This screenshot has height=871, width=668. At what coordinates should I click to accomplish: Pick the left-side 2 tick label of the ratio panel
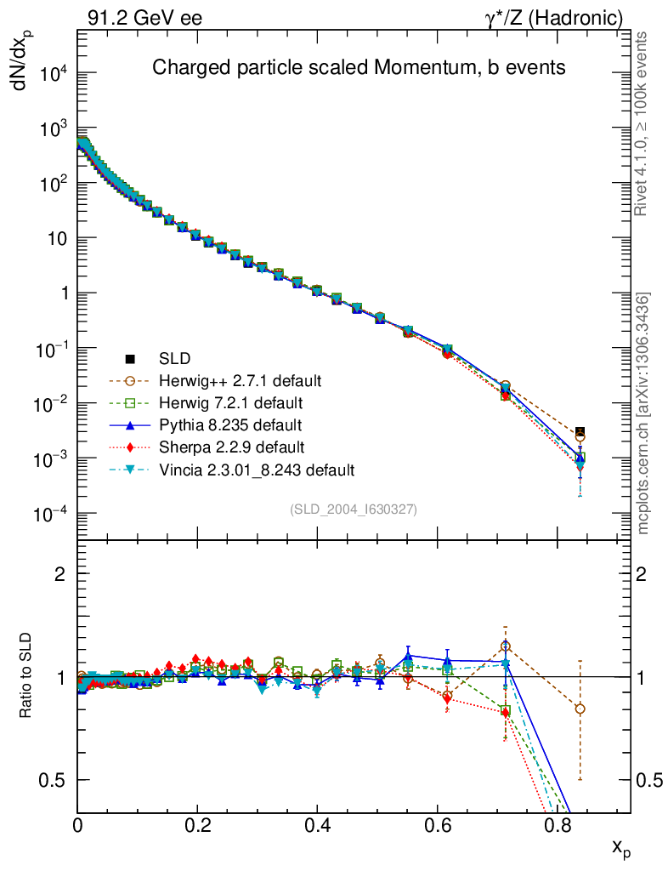(x=60, y=574)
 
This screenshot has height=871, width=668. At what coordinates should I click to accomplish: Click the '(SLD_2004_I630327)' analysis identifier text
(x=353, y=510)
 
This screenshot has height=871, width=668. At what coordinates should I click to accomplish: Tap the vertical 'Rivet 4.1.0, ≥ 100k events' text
(x=643, y=123)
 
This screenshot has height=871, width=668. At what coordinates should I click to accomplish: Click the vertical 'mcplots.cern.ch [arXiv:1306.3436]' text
(x=643, y=413)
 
